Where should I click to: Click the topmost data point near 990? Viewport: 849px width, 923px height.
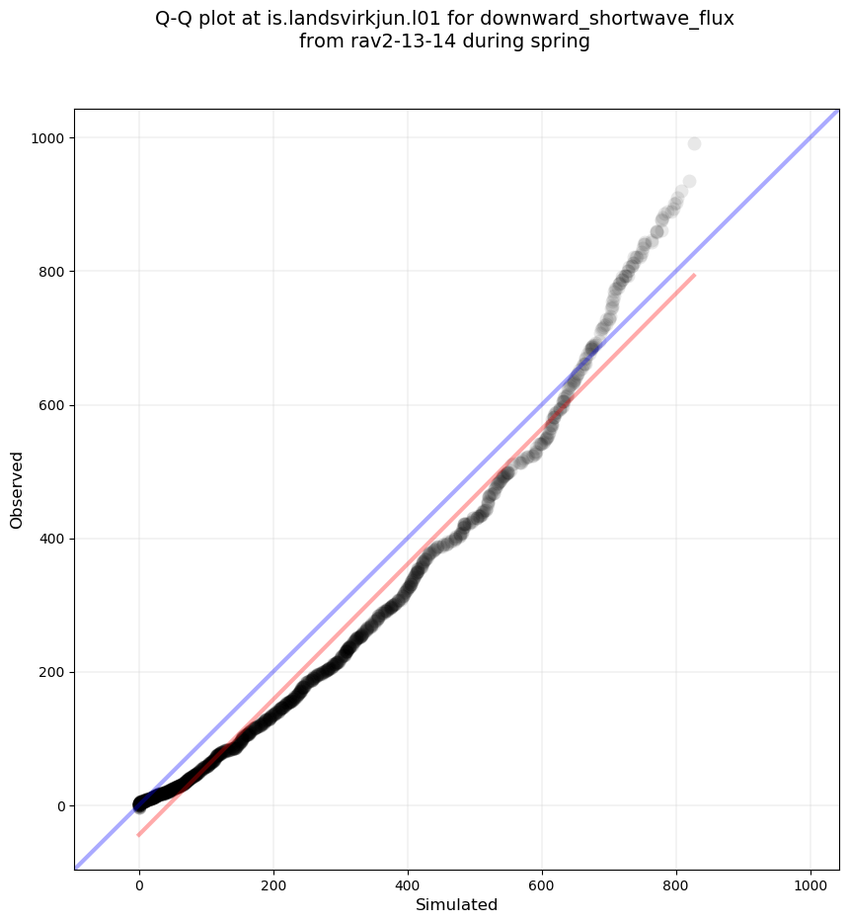pyautogui.click(x=694, y=143)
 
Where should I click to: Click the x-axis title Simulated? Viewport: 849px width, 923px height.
pyautogui.click(x=456, y=904)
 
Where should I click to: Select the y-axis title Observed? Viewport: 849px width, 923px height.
pyautogui.click(x=17, y=489)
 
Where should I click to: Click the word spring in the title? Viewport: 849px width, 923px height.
pyautogui.click(x=560, y=42)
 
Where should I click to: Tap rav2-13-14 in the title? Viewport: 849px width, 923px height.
pyautogui.click(x=395, y=42)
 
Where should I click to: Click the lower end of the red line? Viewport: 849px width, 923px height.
pyautogui.click(x=139, y=835)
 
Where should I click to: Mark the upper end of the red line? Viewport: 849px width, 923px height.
pyautogui.click(x=694, y=275)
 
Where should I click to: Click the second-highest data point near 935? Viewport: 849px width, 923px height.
pyautogui.click(x=689, y=181)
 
